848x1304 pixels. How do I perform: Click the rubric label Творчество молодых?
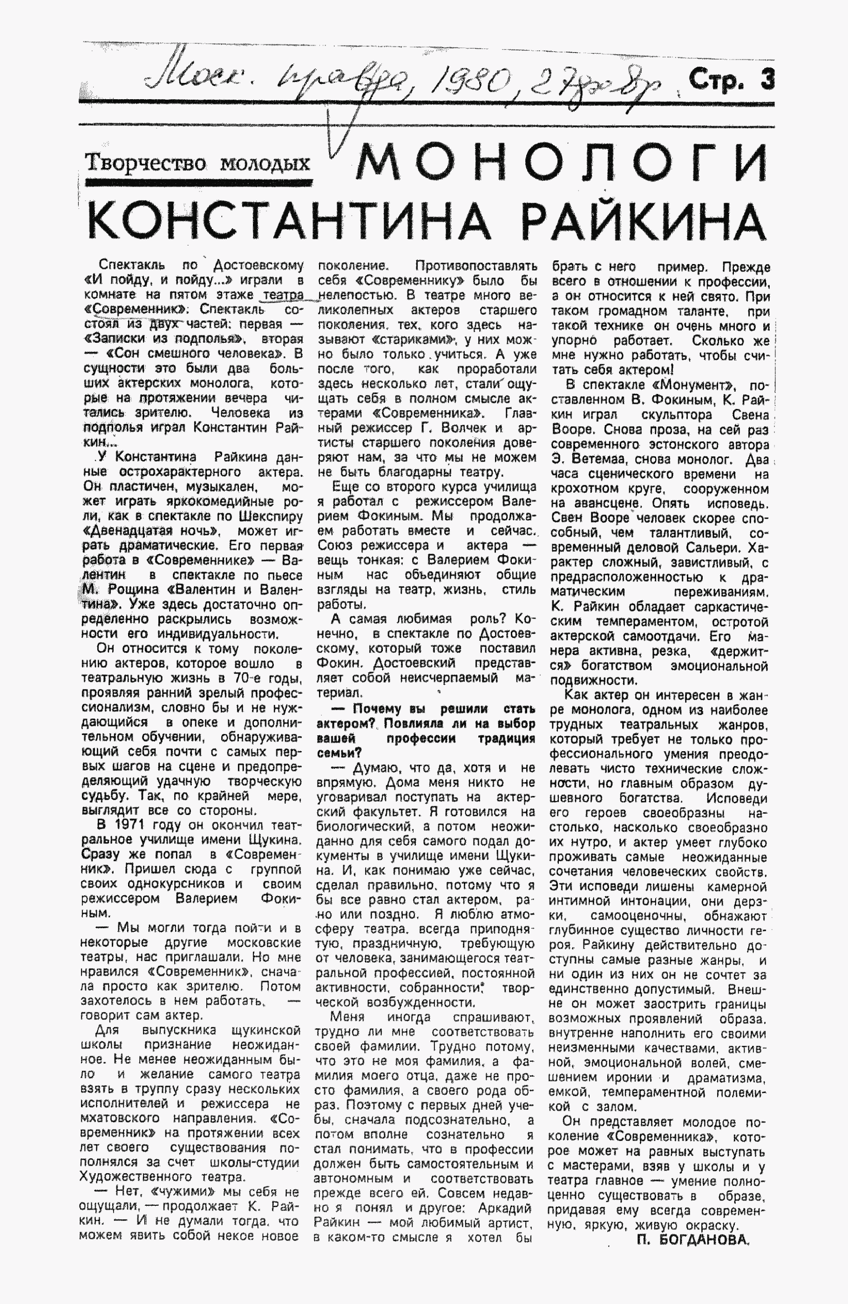(x=197, y=163)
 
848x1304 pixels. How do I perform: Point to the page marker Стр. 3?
(x=732, y=80)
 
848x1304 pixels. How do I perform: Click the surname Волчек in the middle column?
(x=463, y=428)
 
